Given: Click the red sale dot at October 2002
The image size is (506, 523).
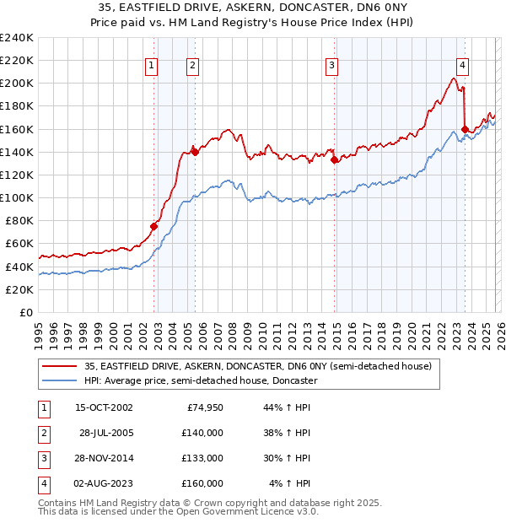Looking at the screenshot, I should [154, 226].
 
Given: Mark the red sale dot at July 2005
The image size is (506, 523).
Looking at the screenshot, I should [196, 152].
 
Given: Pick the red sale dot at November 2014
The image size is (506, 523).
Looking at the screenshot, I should [335, 159].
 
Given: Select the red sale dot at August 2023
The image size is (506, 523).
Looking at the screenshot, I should [465, 129].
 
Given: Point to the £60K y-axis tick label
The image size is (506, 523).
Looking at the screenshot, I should [19, 244].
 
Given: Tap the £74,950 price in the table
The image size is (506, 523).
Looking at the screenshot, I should [202, 407].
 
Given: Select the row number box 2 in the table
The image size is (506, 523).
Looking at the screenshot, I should [40, 433].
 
